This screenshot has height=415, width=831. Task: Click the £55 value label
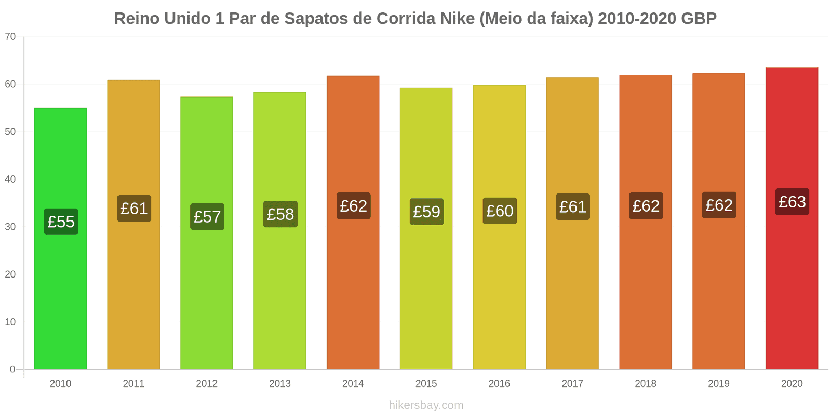point(61,222)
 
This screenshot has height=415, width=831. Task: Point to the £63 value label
point(792,202)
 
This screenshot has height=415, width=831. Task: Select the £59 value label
point(426,212)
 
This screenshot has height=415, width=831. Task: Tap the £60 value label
point(500,211)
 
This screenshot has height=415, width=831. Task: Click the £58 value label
point(280,214)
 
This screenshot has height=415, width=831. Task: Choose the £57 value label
point(207,217)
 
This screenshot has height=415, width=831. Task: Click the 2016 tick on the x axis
point(499,384)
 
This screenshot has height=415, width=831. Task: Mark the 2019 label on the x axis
point(719,384)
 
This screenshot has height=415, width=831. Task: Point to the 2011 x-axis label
point(133,384)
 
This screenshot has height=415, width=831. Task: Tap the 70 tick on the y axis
point(10,37)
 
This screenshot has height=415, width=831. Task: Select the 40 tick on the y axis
point(10,179)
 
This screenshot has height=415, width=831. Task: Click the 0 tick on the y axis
point(12,369)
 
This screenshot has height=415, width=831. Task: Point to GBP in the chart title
point(699,19)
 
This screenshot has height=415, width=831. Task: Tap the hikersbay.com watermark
point(426,405)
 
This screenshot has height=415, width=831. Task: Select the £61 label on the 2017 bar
point(573,207)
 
